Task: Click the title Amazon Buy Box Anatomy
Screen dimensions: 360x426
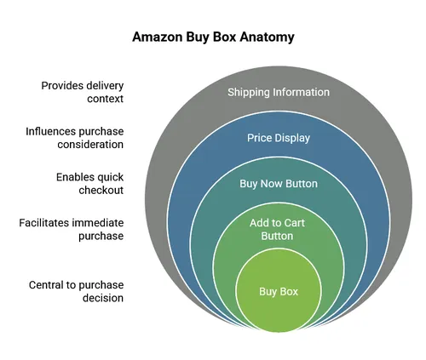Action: [x=213, y=38]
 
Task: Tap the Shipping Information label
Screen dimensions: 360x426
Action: [x=279, y=92]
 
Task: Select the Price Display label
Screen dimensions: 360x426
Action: [x=279, y=138]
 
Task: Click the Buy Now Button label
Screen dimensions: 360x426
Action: [x=279, y=183]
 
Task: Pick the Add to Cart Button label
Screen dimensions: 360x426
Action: [x=279, y=229]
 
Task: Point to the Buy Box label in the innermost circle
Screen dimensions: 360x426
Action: [x=279, y=292]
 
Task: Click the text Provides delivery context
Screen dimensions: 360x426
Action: [x=83, y=92]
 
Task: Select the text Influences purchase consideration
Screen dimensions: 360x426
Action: [x=77, y=138]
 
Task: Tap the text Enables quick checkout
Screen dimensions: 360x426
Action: [x=89, y=183]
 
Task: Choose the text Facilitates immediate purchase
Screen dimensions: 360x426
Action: [x=72, y=229]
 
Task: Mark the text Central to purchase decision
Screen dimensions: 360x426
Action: [x=77, y=292]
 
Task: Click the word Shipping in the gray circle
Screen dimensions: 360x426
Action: [x=249, y=92]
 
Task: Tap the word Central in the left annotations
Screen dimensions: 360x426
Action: [x=46, y=285]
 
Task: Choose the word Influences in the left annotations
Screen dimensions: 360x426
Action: [x=50, y=131]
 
